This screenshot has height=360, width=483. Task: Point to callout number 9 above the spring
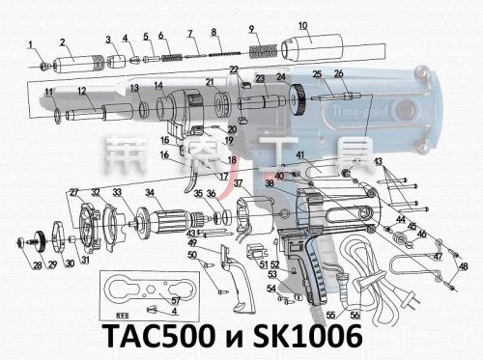click(x=251, y=29)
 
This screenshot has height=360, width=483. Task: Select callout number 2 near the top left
click(x=63, y=42)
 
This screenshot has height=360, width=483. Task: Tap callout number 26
click(x=338, y=74)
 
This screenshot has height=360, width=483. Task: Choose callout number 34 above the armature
click(x=150, y=192)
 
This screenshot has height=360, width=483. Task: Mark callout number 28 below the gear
click(x=38, y=265)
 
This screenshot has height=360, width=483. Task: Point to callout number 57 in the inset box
click(x=175, y=301)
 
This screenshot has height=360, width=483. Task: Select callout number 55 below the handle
click(x=329, y=315)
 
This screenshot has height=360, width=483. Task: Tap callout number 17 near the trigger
click(x=222, y=177)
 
